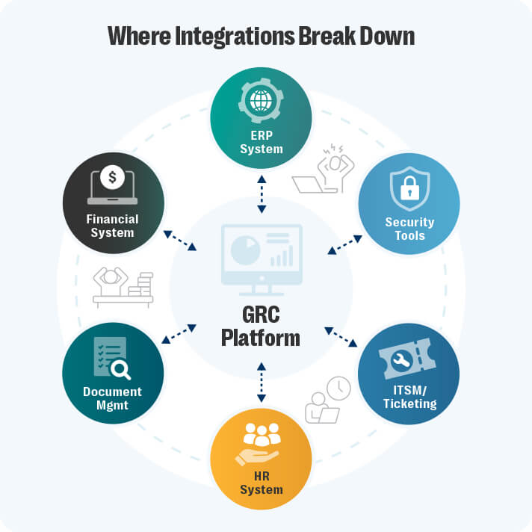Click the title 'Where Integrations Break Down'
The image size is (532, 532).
pyautogui.click(x=261, y=35)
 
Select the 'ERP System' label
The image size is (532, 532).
pyautogui.click(x=261, y=142)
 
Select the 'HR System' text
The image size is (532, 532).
pyautogui.click(x=261, y=483)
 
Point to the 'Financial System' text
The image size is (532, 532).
pyautogui.click(x=112, y=226)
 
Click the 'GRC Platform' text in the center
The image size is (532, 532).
pyautogui.click(x=261, y=326)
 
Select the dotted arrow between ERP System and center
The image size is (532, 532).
pyautogui.click(x=261, y=194)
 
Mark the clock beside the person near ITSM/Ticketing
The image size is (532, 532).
pyautogui.click(x=338, y=387)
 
